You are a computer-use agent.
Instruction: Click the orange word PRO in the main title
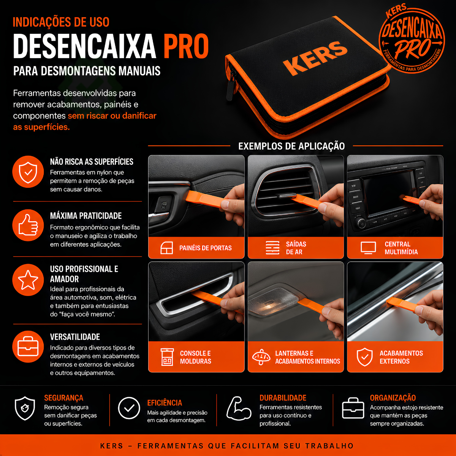point(186,46)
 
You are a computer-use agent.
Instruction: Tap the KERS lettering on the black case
point(315,58)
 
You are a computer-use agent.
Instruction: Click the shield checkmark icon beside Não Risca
point(28,172)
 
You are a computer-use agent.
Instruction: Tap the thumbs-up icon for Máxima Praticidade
point(28,225)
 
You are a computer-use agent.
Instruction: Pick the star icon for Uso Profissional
point(28,280)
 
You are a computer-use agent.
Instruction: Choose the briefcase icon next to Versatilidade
point(28,347)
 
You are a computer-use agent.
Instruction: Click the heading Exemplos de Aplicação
point(291,146)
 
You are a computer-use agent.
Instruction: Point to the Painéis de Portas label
point(206,248)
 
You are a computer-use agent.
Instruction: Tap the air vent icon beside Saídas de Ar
point(272,248)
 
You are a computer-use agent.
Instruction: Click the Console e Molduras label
point(195,357)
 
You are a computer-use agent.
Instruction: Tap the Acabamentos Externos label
point(401,357)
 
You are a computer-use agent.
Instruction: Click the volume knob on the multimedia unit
point(361,223)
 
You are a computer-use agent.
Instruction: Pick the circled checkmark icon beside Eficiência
point(129,408)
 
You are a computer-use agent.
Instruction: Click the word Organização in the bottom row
point(393,398)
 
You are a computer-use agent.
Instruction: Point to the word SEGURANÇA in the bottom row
point(64,398)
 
